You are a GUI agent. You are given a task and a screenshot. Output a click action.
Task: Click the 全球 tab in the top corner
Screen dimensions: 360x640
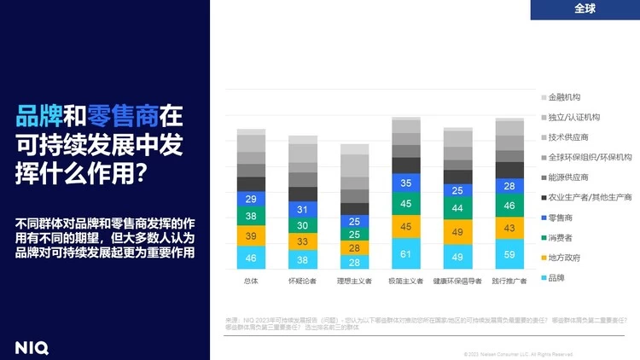click(585, 9)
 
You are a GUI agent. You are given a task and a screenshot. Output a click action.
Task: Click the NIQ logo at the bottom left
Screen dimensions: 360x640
click(32, 347)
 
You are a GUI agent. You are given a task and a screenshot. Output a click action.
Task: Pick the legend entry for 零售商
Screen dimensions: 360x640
click(560, 218)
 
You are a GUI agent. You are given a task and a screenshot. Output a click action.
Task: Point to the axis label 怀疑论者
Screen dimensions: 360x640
click(303, 281)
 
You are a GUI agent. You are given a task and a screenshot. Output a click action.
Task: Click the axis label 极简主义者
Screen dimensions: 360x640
click(406, 281)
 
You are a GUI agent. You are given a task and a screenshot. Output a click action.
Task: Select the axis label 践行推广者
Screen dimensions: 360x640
click(509, 281)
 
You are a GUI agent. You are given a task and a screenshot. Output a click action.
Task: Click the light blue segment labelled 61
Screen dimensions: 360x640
click(406, 254)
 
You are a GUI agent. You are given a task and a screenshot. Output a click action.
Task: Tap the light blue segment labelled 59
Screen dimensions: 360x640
click(509, 254)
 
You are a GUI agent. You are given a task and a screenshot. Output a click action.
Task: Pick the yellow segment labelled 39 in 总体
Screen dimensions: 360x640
click(252, 235)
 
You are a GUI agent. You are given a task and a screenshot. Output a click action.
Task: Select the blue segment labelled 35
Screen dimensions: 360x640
click(406, 183)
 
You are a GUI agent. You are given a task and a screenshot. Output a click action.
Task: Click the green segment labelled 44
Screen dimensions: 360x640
click(458, 207)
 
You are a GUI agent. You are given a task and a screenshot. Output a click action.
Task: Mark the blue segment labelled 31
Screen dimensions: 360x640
click(303, 209)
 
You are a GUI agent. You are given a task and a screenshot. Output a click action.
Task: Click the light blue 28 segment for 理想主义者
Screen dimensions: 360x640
click(355, 262)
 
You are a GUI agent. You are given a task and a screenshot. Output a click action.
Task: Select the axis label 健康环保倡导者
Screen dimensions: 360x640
click(458, 281)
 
